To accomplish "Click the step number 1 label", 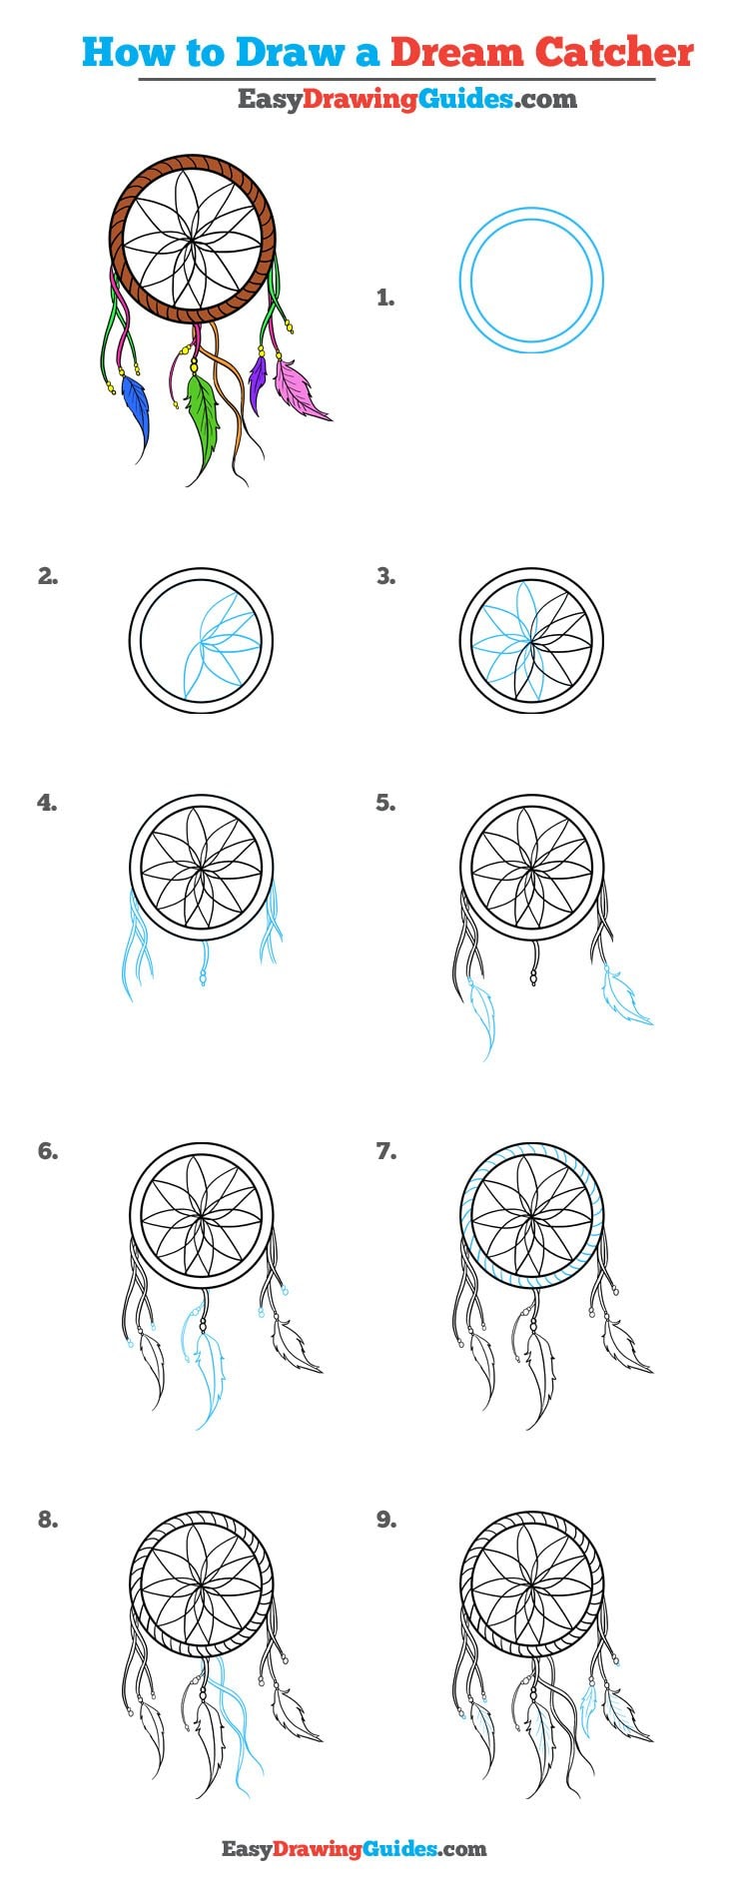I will click(x=385, y=298).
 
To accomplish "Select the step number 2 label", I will click(x=48, y=576).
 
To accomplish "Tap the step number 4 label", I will click(x=48, y=803).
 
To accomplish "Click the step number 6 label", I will click(x=48, y=1151).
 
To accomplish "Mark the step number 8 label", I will click(x=48, y=1520).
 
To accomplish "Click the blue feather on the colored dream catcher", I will click(x=137, y=409).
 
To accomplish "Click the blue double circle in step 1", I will click(x=531, y=280).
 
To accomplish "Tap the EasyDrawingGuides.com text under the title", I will click(x=406, y=99).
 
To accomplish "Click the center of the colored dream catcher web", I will click(x=191, y=239).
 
